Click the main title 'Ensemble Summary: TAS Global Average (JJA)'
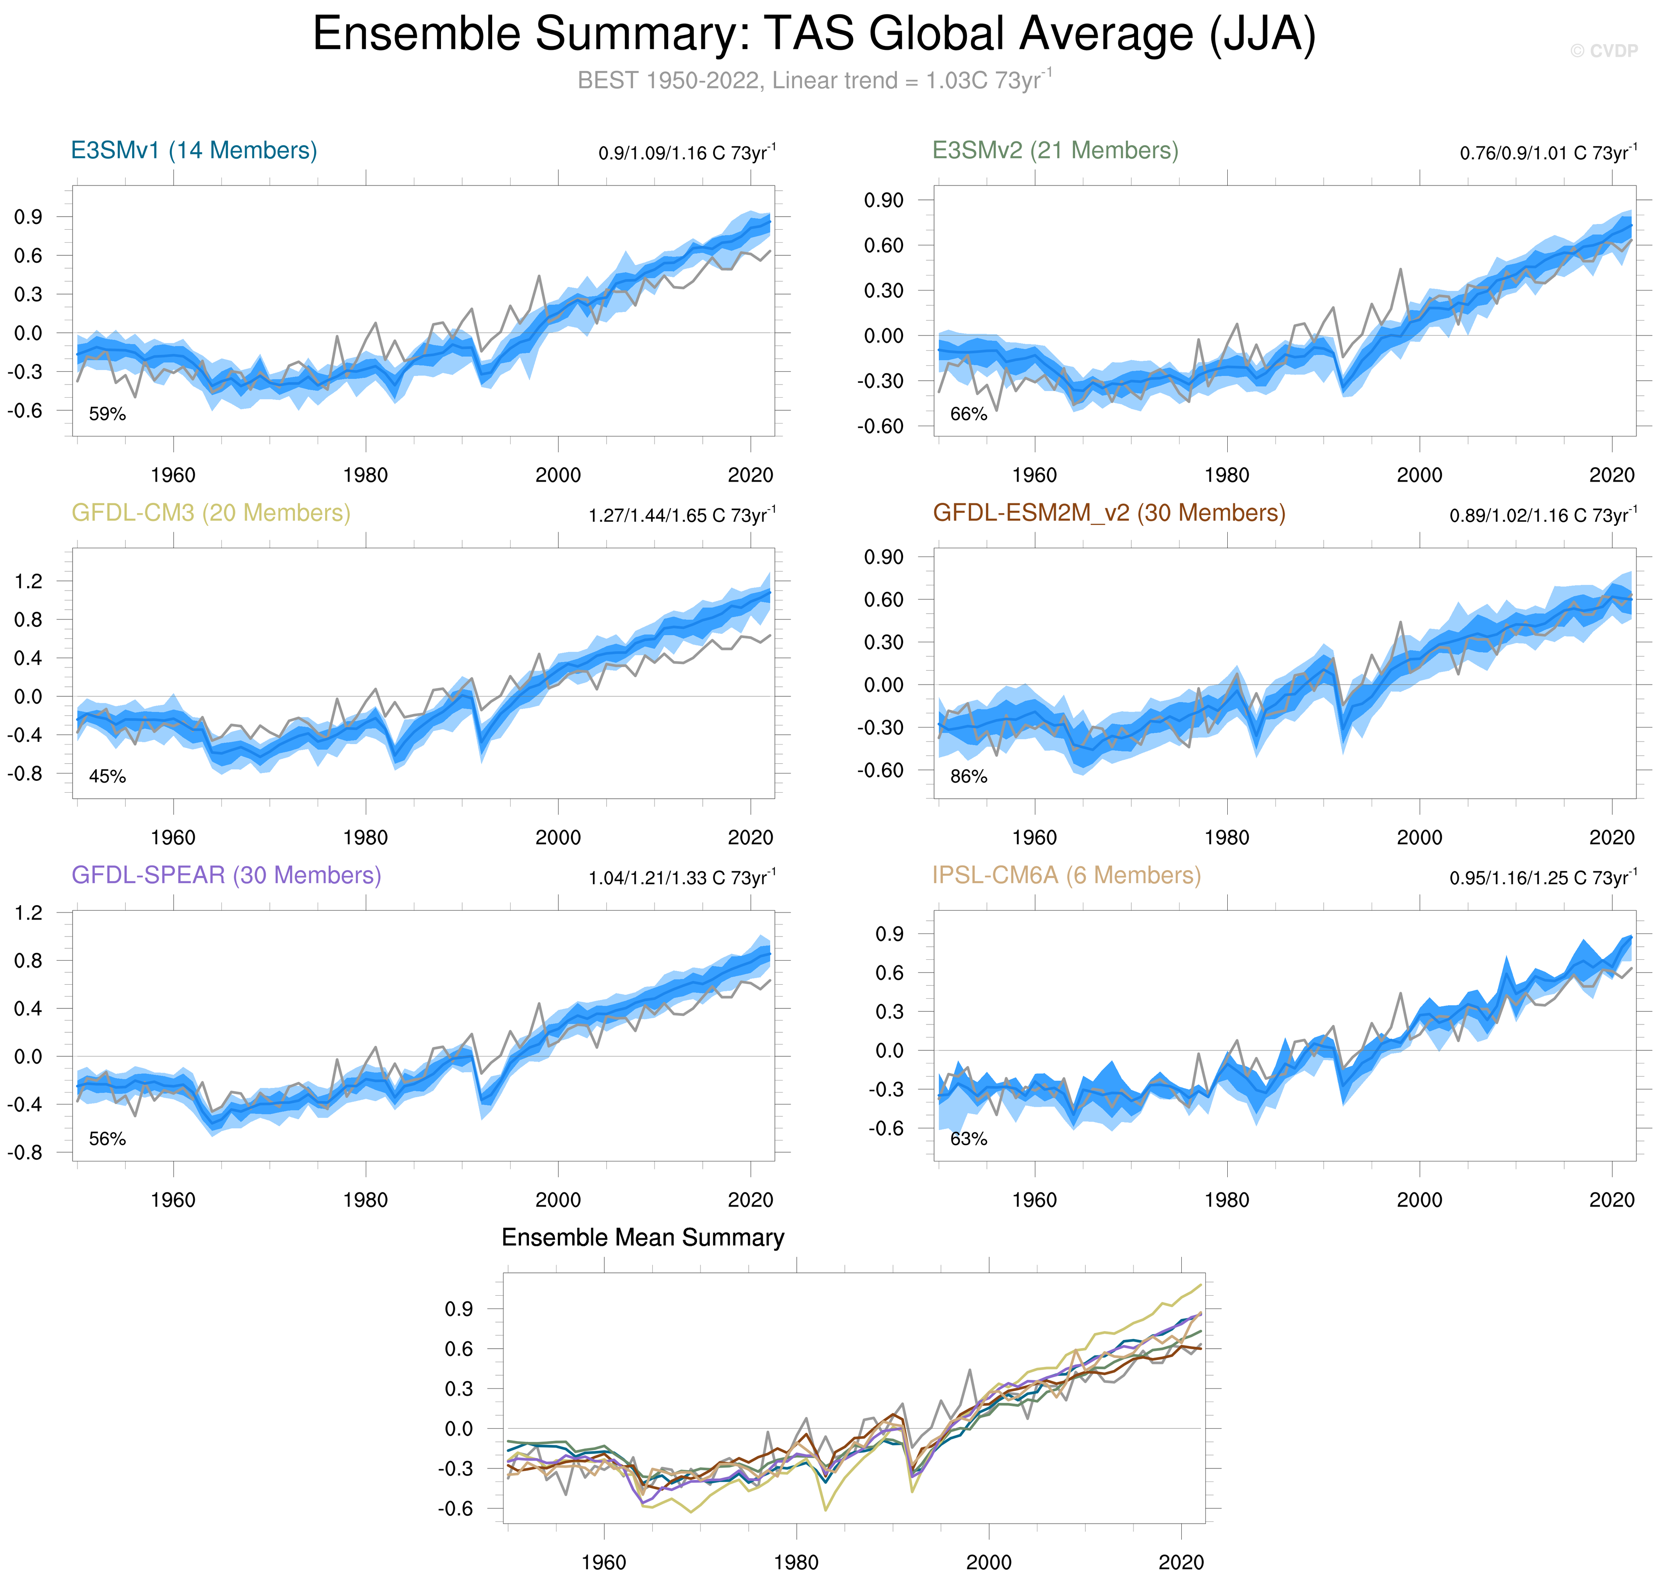coord(814,35)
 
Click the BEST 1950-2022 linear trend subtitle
coord(814,80)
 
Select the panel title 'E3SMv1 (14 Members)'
coord(194,150)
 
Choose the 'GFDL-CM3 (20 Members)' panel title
coord(210,513)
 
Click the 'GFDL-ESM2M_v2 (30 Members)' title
coord(1109,513)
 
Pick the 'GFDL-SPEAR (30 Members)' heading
coord(226,875)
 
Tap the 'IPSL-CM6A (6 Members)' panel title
coord(1066,875)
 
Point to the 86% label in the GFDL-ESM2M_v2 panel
coord(968,776)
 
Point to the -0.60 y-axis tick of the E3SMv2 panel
coord(880,427)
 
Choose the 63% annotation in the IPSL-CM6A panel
coord(968,1139)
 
